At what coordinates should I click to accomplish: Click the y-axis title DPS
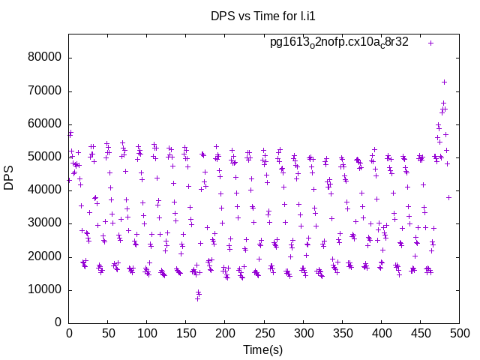[9, 178]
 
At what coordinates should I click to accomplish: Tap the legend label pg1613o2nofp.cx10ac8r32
[339, 43]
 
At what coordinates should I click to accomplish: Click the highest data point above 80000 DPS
[431, 43]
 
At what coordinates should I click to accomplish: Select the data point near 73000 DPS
[444, 82]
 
